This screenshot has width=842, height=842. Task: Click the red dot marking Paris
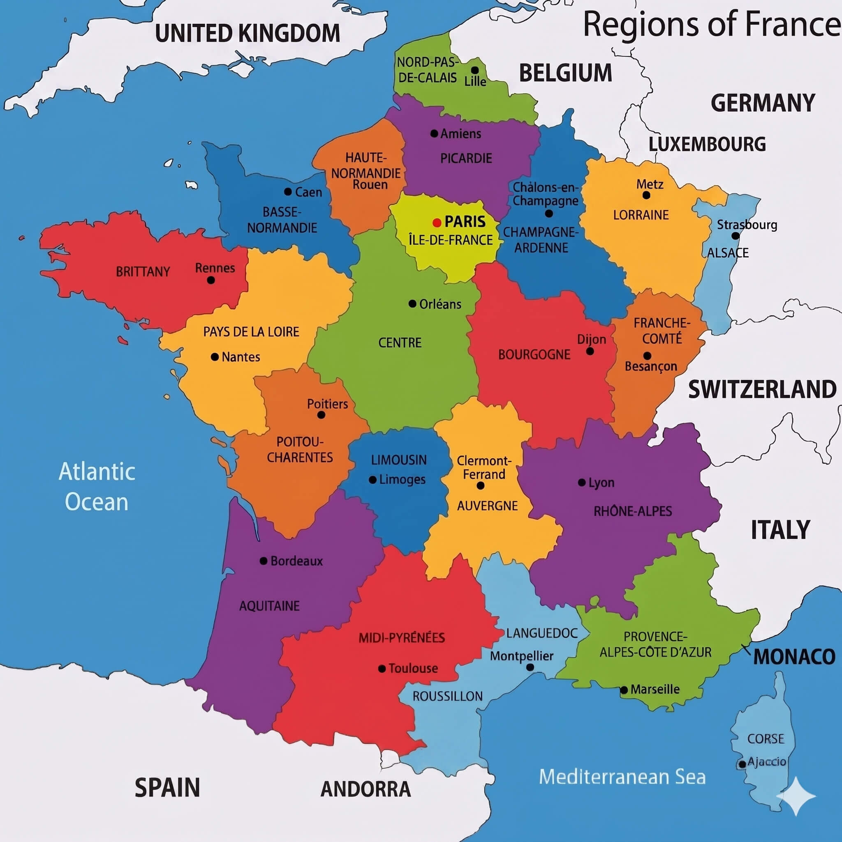point(437,223)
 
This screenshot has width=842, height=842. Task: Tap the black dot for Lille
point(475,70)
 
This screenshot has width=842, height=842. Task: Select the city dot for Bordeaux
point(264,561)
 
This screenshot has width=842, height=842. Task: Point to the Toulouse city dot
point(382,669)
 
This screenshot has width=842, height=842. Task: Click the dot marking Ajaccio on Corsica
point(742,764)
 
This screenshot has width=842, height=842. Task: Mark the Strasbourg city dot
point(736,236)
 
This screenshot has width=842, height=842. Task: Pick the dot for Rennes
point(211,280)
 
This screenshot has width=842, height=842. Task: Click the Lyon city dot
point(581,483)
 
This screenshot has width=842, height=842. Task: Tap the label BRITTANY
point(143,272)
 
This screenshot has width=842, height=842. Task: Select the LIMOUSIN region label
point(399,460)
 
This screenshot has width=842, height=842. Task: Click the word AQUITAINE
point(269,606)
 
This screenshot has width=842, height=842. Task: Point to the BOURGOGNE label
point(534,355)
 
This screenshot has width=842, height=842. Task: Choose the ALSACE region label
point(728,253)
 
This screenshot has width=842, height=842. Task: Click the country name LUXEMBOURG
point(707,144)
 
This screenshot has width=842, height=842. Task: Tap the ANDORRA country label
point(365,789)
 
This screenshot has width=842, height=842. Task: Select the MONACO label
point(794,657)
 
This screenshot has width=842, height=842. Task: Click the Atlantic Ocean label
point(97,486)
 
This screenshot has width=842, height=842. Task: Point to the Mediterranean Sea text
point(622,777)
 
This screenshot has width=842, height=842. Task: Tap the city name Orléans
point(440,304)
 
